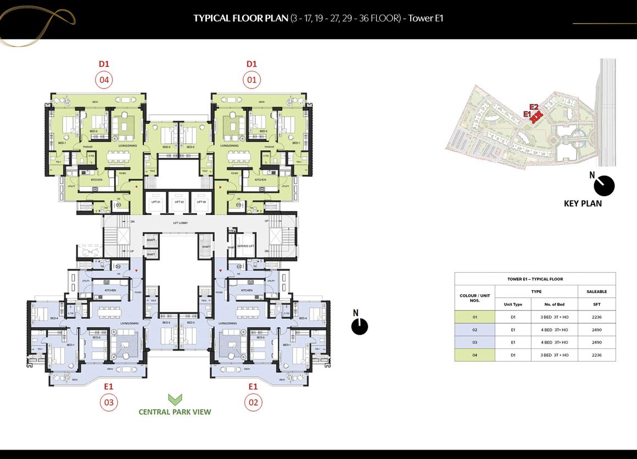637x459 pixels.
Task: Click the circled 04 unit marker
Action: (x=104, y=80)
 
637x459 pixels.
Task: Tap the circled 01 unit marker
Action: (x=252, y=80)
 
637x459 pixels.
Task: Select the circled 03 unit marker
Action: (x=108, y=402)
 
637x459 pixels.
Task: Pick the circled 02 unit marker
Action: (x=253, y=402)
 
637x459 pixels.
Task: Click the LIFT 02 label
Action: (x=178, y=202)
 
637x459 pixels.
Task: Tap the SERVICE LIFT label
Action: (x=245, y=246)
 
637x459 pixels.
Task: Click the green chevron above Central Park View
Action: (x=175, y=400)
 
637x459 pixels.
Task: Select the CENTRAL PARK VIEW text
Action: (x=175, y=412)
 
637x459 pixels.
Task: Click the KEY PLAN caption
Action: (x=583, y=203)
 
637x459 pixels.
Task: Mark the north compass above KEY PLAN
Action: (x=604, y=185)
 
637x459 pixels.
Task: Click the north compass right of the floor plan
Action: (x=359, y=325)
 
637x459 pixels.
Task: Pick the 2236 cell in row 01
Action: (x=597, y=317)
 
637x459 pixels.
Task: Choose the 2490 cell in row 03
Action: (x=597, y=342)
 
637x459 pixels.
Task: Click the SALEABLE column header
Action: (x=597, y=291)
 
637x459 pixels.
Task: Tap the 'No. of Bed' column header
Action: (x=554, y=304)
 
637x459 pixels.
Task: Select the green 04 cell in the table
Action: (x=475, y=355)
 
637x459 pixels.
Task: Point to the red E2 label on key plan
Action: (x=534, y=107)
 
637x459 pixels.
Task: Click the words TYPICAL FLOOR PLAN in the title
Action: (x=241, y=18)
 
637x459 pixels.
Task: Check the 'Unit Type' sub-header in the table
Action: (x=513, y=304)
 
